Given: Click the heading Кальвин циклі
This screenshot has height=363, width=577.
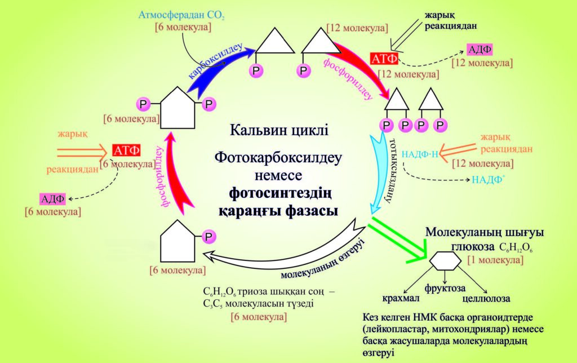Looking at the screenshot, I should [x=279, y=131].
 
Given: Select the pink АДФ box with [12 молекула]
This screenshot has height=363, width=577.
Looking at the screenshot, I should [x=480, y=50].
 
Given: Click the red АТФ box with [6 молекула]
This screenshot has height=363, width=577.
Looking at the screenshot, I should [x=126, y=150].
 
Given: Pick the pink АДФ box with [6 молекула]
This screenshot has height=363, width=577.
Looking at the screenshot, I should [x=52, y=198].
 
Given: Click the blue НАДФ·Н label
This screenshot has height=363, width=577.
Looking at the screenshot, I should [x=419, y=152].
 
